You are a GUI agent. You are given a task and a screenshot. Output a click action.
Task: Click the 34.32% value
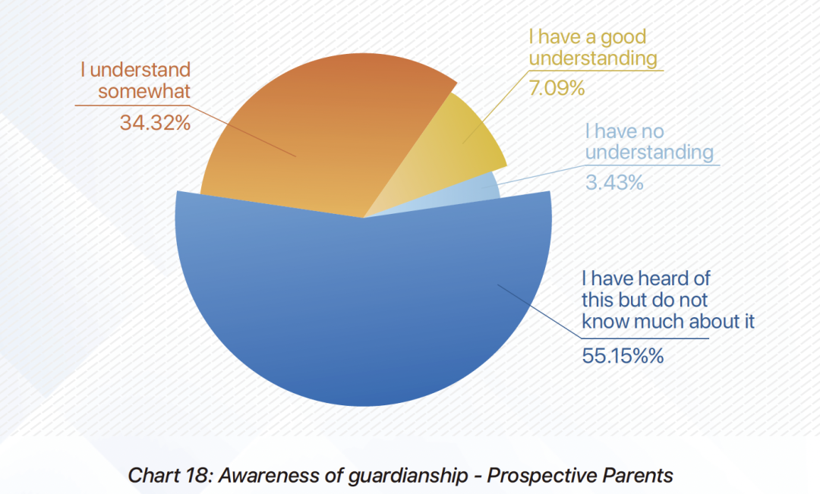(x=155, y=122)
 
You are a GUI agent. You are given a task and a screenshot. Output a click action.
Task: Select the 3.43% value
(x=614, y=182)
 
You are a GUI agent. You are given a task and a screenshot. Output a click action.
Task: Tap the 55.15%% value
(x=623, y=354)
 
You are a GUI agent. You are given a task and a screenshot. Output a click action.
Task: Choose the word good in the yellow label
(x=614, y=36)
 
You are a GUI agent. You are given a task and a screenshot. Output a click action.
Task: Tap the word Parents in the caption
(x=636, y=476)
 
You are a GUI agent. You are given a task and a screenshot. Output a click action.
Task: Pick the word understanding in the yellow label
(x=592, y=58)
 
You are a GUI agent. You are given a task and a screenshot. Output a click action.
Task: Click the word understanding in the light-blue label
(x=649, y=153)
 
